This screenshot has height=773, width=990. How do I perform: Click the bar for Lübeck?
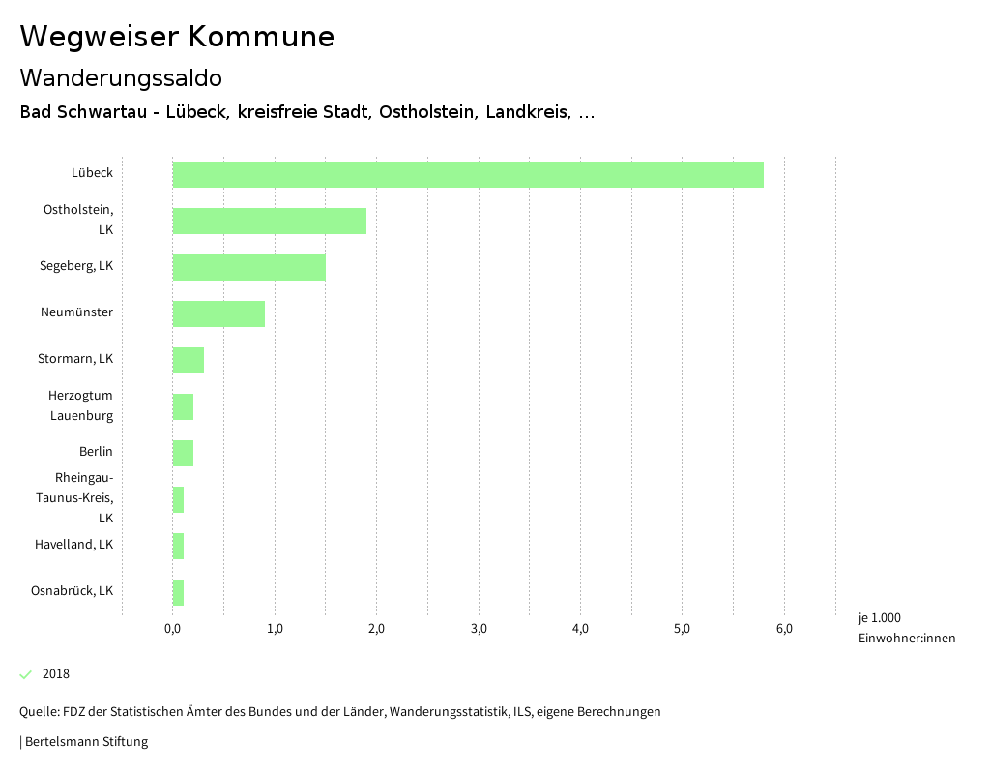[468, 174]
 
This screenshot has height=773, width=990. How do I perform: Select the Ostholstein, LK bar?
[270, 221]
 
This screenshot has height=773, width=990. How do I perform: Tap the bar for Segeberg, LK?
[249, 267]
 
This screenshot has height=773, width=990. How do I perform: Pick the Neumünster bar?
[218, 313]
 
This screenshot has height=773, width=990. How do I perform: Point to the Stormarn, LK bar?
[189, 360]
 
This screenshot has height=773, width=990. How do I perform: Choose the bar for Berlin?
[183, 453]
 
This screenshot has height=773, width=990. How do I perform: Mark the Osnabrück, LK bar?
[178, 592]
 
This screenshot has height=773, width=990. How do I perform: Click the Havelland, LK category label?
[73, 544]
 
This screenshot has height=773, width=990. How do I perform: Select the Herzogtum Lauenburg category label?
[81, 405]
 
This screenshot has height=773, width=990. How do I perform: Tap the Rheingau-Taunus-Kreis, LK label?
[84, 497]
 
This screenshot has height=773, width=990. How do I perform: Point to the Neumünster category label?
[76, 312]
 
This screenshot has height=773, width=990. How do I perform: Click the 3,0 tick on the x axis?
[479, 629]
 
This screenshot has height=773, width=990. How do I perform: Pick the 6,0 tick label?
[784, 629]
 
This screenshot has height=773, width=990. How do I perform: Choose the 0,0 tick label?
[173, 629]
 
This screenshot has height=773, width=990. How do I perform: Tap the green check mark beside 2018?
[26, 674]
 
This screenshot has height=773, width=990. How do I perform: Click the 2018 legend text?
[56, 674]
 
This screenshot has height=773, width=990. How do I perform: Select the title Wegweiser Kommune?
[177, 37]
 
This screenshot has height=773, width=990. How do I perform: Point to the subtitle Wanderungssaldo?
[121, 77]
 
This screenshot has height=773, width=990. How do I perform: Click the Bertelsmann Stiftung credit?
[85, 742]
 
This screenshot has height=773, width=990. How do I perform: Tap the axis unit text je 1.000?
[879, 618]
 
